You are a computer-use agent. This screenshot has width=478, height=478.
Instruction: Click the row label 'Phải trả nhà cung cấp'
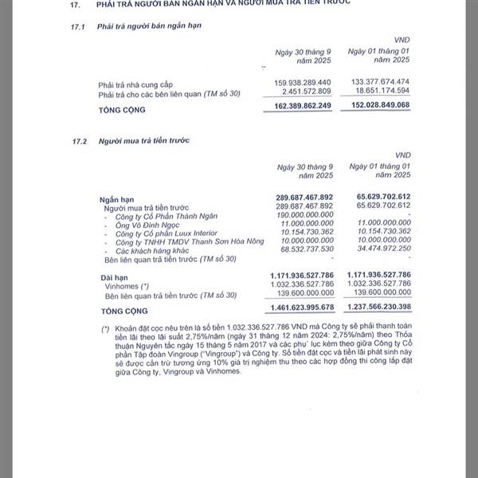click(x=135, y=84)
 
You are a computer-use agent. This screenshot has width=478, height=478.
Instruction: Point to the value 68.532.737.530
click(x=303, y=251)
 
